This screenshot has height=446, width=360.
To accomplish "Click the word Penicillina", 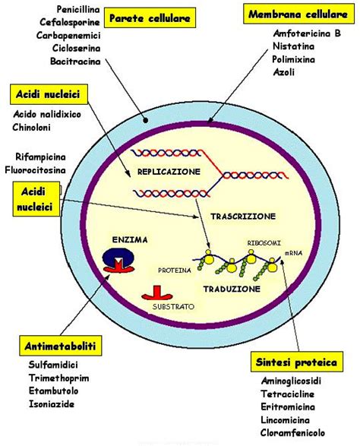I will point(66,9).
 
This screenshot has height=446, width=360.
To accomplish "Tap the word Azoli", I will point(285,72).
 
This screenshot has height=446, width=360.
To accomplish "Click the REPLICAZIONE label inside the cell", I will point(168,172).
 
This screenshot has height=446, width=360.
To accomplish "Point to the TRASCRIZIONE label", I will point(242,216).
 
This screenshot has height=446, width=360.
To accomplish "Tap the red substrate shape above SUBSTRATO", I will point(156,292).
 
